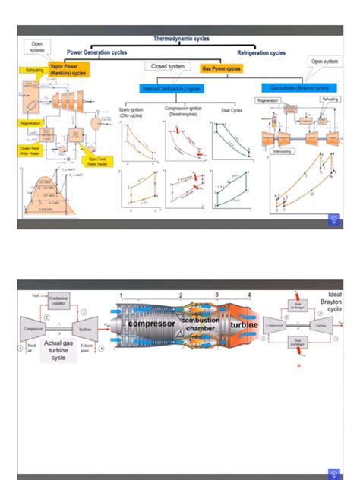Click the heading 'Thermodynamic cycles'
click(181, 38)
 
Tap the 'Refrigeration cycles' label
click(261, 53)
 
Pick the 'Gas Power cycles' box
click(220, 68)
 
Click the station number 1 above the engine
click(120, 295)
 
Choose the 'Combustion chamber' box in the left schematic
click(62, 300)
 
